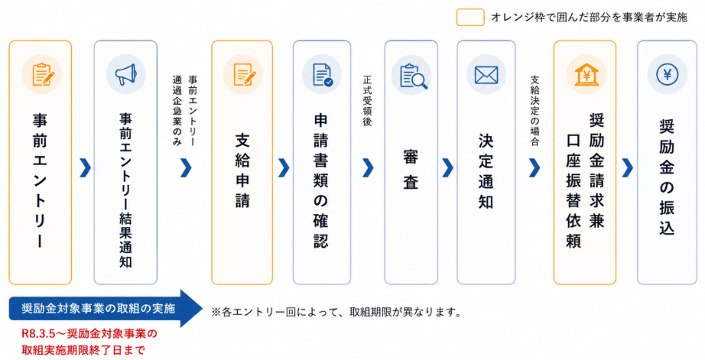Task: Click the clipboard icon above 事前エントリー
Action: tap(41, 74)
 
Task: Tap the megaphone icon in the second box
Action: tap(125, 74)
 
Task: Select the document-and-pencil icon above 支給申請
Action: tap(243, 74)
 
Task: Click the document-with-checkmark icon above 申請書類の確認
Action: tap(321, 74)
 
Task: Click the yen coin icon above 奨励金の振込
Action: tap(667, 74)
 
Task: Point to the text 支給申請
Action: tap(243, 172)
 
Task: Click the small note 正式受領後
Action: tap(367, 100)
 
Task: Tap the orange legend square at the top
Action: tap(469, 17)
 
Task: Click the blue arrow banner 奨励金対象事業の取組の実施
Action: tap(99, 309)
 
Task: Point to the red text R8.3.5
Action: tap(43, 334)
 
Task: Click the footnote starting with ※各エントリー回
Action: tap(336, 312)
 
